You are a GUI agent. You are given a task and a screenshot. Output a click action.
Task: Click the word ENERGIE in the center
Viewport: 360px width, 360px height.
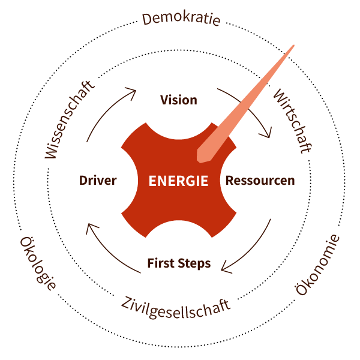coord(179,181)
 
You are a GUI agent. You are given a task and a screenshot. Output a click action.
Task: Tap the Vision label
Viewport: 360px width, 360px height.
coord(179,100)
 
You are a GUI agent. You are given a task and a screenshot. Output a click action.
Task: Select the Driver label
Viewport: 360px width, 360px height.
coord(97,181)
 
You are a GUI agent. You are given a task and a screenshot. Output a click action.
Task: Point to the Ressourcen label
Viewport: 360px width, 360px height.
coord(259,181)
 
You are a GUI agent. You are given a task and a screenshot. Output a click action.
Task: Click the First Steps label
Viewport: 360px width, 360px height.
coord(179,263)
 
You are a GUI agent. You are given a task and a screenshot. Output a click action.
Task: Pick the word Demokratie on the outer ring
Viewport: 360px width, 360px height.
coord(181,19)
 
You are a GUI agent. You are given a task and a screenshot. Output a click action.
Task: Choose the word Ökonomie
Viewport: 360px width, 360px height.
coord(319,265)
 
